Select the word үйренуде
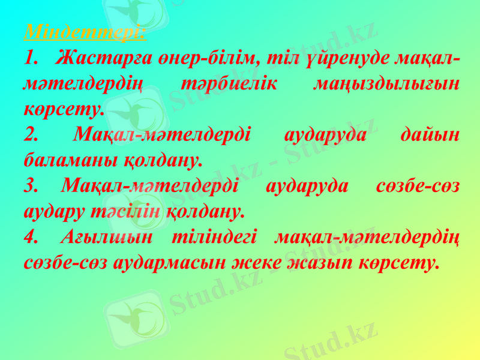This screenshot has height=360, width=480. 349,58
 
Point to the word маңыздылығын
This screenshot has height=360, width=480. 387,84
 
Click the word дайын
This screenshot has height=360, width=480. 430,135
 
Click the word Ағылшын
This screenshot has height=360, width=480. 106,238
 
